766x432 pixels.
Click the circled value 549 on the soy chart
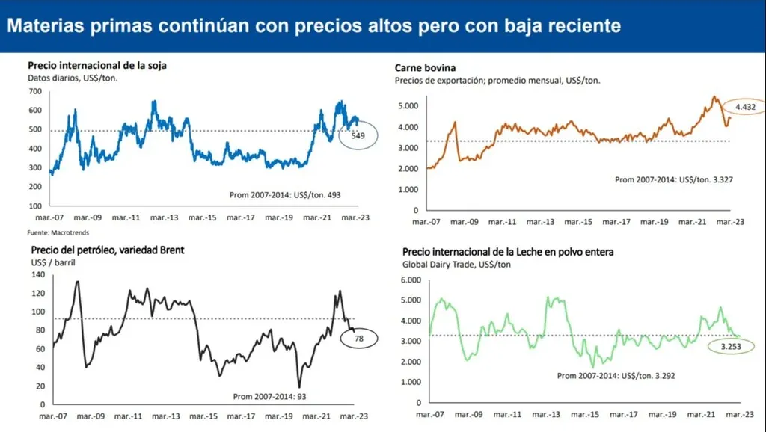[x=358, y=137]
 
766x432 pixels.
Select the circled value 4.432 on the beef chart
[x=745, y=108]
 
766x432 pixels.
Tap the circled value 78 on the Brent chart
[x=359, y=339]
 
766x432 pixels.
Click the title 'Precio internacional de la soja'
[x=97, y=66]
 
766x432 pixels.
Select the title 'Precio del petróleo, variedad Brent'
[x=108, y=250]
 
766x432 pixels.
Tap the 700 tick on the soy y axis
[x=35, y=91]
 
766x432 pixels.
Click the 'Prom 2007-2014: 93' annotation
[x=270, y=396]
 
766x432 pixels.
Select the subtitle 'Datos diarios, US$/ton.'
[x=73, y=78]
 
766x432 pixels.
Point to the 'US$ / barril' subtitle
[x=55, y=262]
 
